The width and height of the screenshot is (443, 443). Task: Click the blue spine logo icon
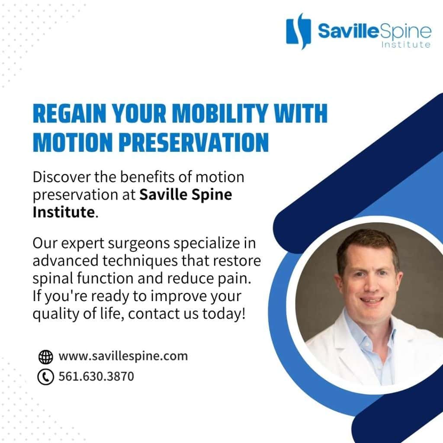(x=299, y=31)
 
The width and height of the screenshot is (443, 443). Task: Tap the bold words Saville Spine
(x=186, y=195)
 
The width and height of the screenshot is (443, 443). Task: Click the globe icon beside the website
(x=45, y=357)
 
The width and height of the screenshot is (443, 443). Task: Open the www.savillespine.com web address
(x=123, y=356)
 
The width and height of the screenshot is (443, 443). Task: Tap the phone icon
(x=45, y=377)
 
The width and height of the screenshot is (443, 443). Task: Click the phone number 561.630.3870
(x=96, y=377)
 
